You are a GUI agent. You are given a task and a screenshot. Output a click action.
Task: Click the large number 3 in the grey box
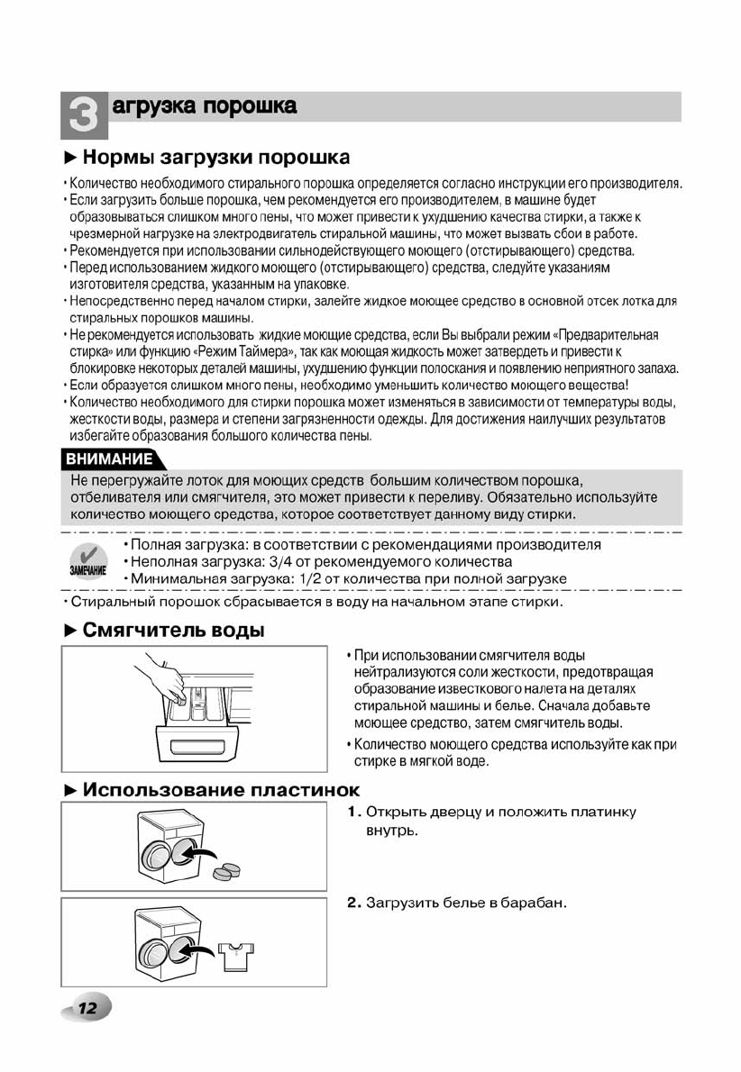point(82,114)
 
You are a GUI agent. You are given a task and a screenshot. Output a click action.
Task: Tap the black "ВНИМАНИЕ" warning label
point(107,459)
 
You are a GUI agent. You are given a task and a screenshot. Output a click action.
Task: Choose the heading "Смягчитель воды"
point(174,630)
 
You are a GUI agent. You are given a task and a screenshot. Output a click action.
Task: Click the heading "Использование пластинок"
point(221,790)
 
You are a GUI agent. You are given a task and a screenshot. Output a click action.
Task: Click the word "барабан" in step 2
point(536,903)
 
